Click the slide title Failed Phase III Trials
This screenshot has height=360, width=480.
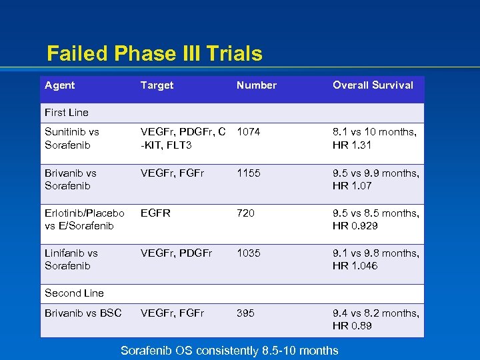point(155,53)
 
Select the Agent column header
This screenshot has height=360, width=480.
point(59,85)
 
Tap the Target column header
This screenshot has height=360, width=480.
point(157,85)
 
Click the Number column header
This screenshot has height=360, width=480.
point(256,85)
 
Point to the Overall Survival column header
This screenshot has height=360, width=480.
point(373,85)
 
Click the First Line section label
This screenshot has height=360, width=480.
point(66,113)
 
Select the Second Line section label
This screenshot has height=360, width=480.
point(74,293)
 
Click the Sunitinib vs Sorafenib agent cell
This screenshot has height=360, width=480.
point(71,139)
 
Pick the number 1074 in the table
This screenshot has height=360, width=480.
point(249,133)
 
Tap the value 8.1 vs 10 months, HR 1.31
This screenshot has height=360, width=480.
point(375,139)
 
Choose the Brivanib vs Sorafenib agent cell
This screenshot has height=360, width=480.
point(70,179)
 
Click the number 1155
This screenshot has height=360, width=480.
point(249,173)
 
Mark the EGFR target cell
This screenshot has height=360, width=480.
point(155,213)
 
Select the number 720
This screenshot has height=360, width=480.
point(246,213)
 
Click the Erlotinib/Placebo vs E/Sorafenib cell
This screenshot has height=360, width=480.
point(84,219)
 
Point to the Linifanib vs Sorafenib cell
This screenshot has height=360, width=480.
point(71,259)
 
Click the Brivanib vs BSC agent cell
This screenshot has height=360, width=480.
point(83,313)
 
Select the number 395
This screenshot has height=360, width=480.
point(245,313)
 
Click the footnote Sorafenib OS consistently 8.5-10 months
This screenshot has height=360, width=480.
point(229,350)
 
